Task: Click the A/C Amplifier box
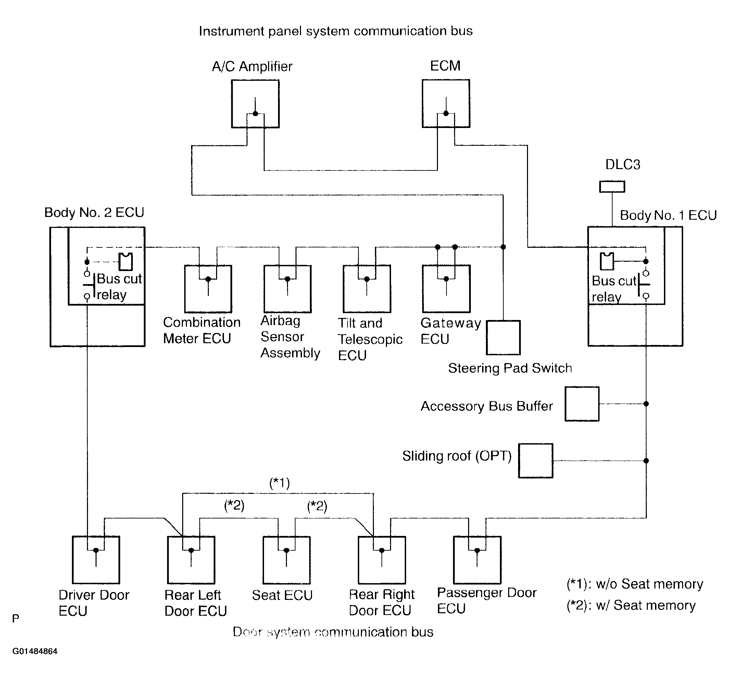(x=255, y=104)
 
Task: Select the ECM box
(x=446, y=103)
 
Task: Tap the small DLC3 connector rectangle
(x=612, y=187)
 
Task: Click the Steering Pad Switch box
(x=503, y=338)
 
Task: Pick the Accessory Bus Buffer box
(x=582, y=404)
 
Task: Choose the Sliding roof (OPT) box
(x=536, y=461)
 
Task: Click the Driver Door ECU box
(x=96, y=560)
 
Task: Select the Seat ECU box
(x=287, y=560)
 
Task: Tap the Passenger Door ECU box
(x=477, y=560)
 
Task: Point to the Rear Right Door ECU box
(x=382, y=560)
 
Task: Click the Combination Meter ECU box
(x=208, y=289)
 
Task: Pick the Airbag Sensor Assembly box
(x=288, y=289)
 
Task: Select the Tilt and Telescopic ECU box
(x=367, y=289)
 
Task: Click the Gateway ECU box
(x=446, y=289)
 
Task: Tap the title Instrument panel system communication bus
(x=336, y=31)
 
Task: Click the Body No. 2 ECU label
(x=94, y=213)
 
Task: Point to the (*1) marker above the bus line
(x=280, y=483)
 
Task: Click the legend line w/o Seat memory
(x=635, y=584)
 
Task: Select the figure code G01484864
(x=35, y=651)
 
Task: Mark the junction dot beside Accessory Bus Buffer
(x=646, y=403)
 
